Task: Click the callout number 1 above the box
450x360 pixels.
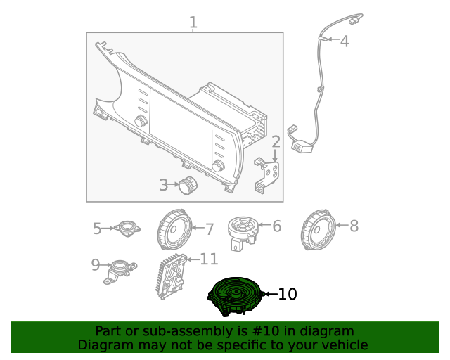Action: [193, 23]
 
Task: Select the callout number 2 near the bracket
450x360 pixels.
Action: [276, 143]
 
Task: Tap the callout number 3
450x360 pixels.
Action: [163, 186]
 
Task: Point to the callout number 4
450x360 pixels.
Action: [344, 41]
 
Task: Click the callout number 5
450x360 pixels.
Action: [98, 228]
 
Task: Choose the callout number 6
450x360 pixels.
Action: [276, 226]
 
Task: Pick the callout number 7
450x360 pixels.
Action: [208, 229]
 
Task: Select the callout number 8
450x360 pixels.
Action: [354, 226]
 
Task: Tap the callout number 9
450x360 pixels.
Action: [96, 265]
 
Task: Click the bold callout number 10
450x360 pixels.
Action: [288, 294]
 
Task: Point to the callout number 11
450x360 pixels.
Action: [209, 259]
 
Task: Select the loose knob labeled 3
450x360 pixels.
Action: [188, 186]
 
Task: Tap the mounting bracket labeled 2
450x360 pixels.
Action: [268, 172]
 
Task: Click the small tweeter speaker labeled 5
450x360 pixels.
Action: [127, 228]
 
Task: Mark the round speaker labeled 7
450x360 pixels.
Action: [173, 229]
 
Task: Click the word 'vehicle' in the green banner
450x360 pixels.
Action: [342, 345]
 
